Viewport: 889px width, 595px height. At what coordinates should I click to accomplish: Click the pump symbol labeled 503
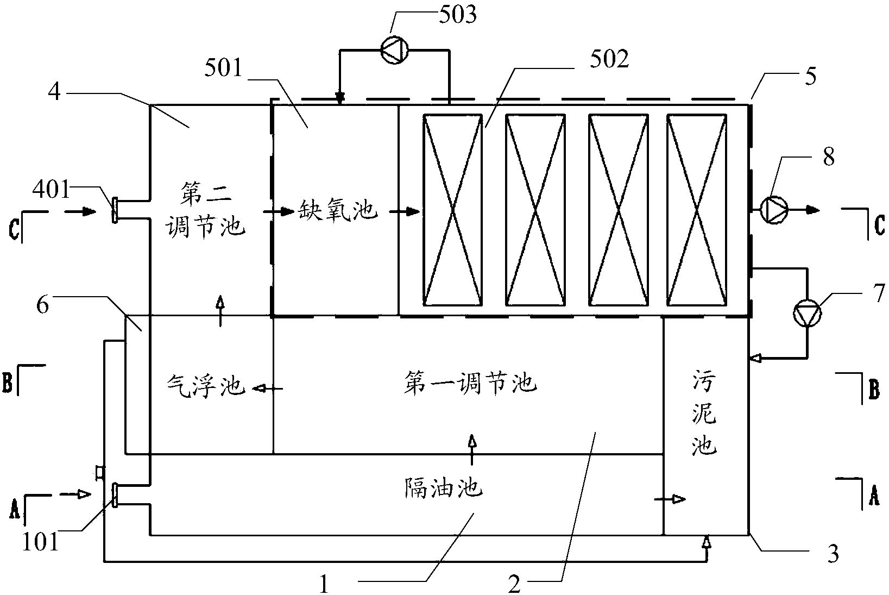pos(394,52)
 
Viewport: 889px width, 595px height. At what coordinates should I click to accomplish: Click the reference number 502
pos(607,60)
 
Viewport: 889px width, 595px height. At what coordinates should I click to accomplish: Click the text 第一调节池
pos(470,384)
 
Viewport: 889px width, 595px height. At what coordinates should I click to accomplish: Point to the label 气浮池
pos(205,386)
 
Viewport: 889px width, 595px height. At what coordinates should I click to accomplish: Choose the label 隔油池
pos(443,487)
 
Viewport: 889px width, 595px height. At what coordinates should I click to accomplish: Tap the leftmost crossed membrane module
pos(453,210)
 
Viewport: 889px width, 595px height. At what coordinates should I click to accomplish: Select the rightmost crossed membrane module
pos(697,210)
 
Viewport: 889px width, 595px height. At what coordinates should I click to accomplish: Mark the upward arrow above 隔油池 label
pos(471,449)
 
